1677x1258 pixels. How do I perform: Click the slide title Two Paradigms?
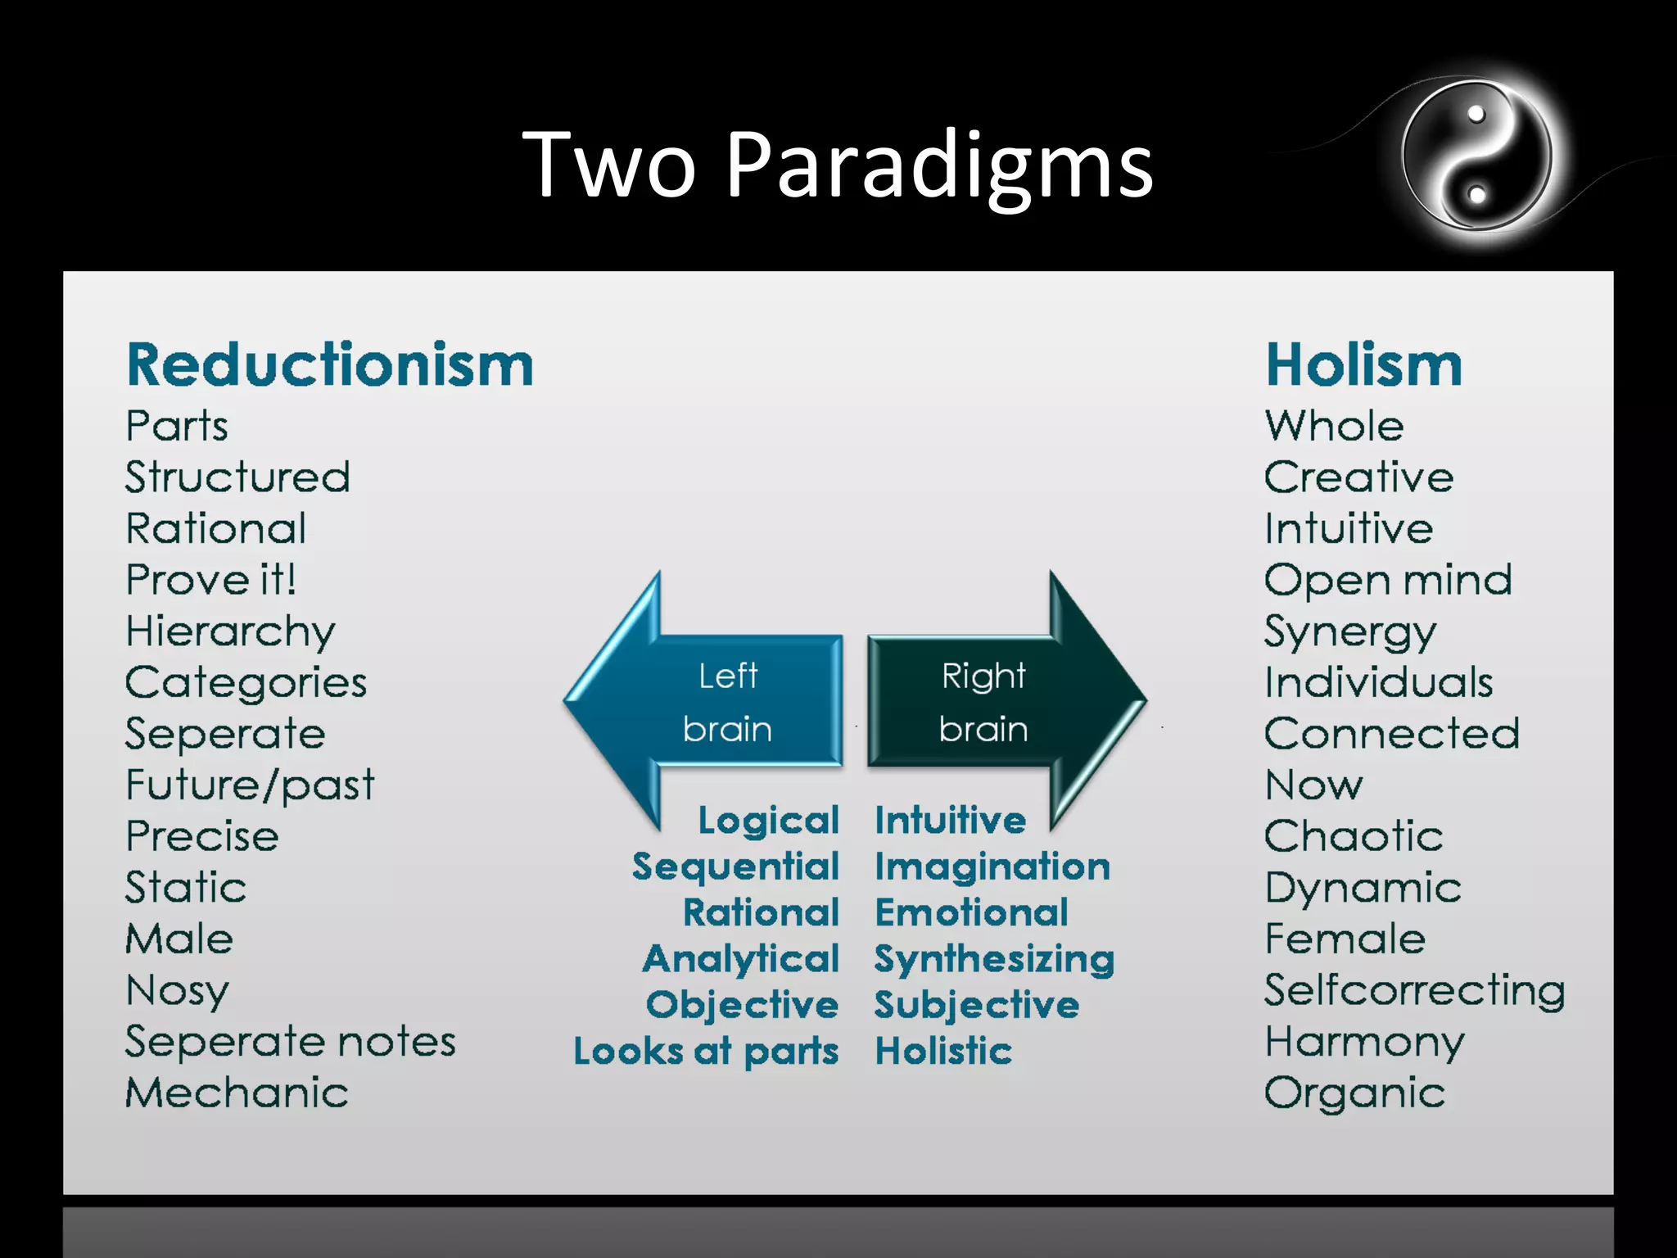(837, 165)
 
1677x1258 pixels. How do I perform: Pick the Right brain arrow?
(999, 701)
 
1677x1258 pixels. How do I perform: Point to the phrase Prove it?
(210, 580)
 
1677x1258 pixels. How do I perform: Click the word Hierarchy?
(230, 632)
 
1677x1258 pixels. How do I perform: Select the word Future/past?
(250, 785)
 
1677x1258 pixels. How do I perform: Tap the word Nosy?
(177, 991)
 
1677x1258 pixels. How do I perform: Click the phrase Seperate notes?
(290, 1042)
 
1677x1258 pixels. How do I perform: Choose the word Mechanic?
(237, 1093)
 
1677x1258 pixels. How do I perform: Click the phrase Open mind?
(1387, 581)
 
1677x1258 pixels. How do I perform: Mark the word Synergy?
(1349, 632)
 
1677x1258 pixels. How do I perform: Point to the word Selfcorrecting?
(1414, 990)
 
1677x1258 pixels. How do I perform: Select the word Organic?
(1354, 1093)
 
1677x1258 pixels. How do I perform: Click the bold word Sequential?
(735, 867)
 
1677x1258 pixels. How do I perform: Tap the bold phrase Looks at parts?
(706, 1052)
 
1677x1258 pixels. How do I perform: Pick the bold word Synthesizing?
(994, 959)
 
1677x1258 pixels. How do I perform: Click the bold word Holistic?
(943, 1051)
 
